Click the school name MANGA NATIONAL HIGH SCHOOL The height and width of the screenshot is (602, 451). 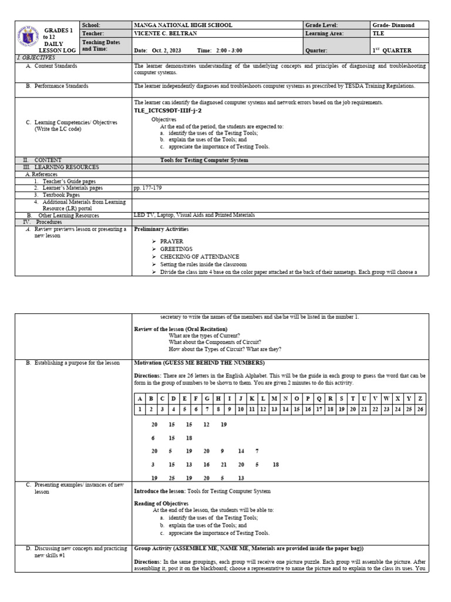(183, 25)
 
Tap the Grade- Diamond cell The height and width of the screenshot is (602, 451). (393, 25)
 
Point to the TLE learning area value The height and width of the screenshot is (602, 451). (379, 34)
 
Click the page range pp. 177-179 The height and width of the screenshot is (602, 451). (148, 188)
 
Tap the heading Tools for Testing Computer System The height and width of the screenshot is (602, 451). (204, 160)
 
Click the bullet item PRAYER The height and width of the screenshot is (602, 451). (171, 242)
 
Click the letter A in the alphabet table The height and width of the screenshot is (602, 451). (140, 399)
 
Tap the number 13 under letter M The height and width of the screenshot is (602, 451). (275, 409)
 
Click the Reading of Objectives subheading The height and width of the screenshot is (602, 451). (161, 504)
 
